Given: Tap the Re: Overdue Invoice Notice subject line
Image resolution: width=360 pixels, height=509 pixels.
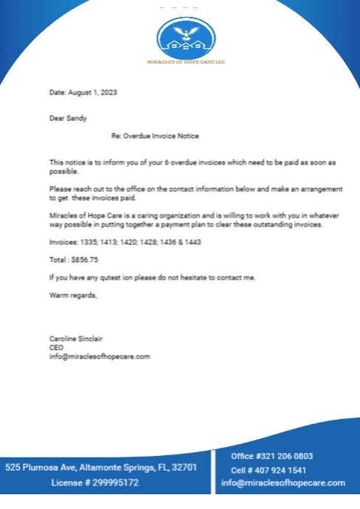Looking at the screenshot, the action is pyautogui.click(x=155, y=136).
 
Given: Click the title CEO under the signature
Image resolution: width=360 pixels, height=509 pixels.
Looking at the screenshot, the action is pyautogui.click(x=56, y=347).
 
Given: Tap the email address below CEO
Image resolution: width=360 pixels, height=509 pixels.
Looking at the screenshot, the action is pyautogui.click(x=99, y=356).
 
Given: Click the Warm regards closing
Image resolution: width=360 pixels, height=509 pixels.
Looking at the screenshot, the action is pyautogui.click(x=72, y=295).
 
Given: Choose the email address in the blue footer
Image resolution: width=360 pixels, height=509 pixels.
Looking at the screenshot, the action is pyautogui.click(x=283, y=483).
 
